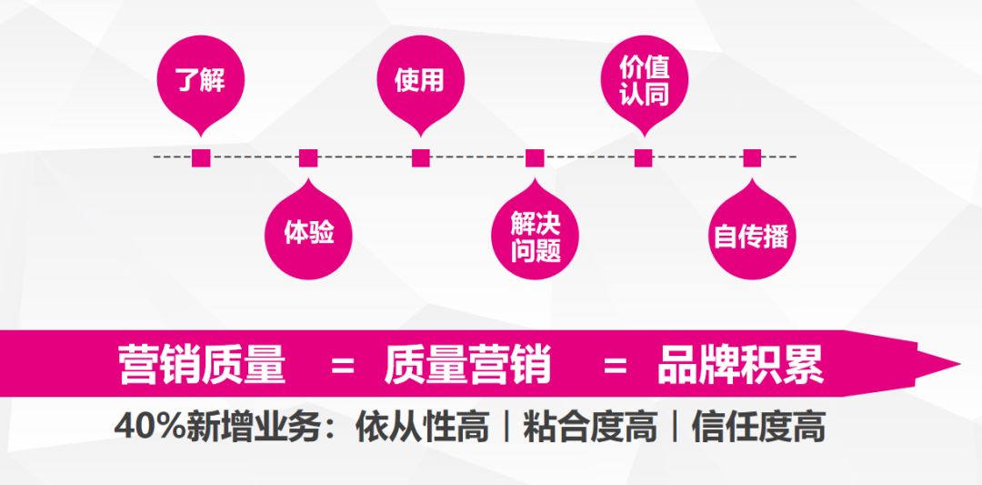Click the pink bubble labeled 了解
point(200,79)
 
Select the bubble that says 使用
point(420,79)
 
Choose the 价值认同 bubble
point(644,79)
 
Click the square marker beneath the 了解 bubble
point(201,158)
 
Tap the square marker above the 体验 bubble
point(308,158)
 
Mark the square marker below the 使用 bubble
point(421,158)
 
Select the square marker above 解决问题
point(535,158)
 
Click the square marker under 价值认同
point(644,158)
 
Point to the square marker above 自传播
point(752,158)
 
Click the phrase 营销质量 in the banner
point(202,364)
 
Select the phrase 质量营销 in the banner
point(468,364)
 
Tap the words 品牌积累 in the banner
point(740,364)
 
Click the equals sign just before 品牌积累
point(615,365)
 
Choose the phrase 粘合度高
point(590,428)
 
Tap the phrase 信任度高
point(758,428)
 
